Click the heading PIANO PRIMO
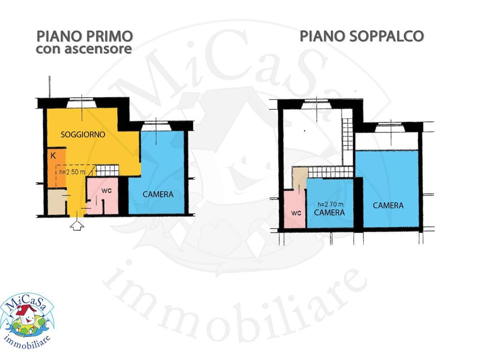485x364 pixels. point(85,36)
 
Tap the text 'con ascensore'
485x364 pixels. point(84,49)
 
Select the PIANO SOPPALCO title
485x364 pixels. point(362,36)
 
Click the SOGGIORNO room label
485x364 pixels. point(83,134)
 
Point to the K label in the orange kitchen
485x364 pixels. point(53,156)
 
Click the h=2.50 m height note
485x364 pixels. point(72,172)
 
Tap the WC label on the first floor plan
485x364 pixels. point(107,191)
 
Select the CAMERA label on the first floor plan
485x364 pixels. point(158,194)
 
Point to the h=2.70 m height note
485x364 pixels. point(330,204)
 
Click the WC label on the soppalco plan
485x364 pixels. point(296,213)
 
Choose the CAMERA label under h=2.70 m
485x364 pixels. point(329,212)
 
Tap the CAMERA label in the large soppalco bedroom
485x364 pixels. point(388,205)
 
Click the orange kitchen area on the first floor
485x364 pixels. point(57,168)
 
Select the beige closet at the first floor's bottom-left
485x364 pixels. point(57,202)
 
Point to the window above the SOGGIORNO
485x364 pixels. point(82,103)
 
